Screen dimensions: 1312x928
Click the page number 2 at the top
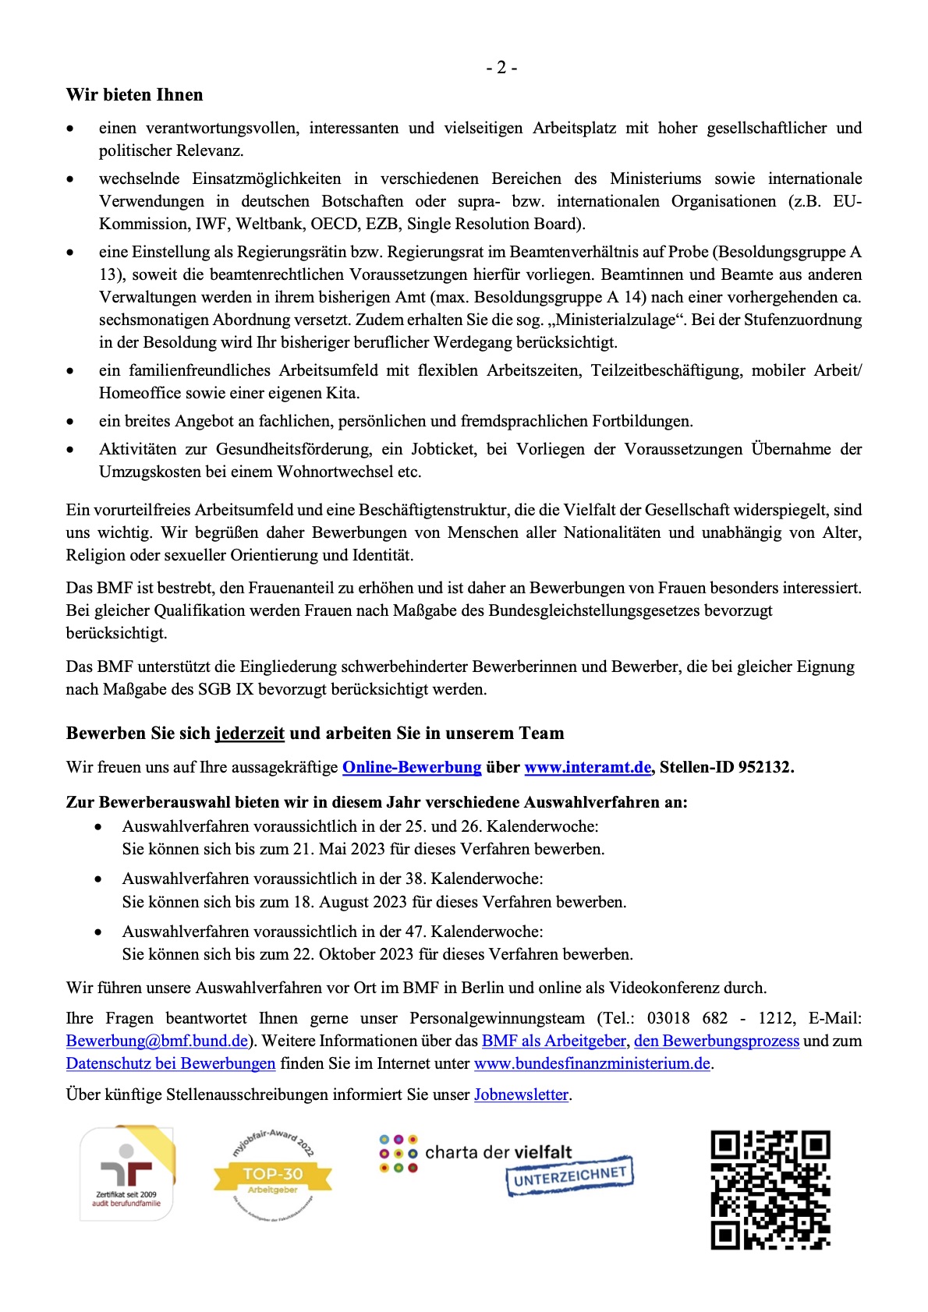(x=501, y=68)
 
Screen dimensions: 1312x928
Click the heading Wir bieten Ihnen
(x=134, y=95)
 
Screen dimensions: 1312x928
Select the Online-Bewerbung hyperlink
(x=412, y=767)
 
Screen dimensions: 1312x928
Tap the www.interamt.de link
(x=587, y=767)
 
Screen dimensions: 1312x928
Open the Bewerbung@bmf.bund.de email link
(x=157, y=1041)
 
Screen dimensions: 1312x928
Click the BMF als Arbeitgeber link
(x=554, y=1041)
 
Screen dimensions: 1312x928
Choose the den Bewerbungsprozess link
(x=717, y=1041)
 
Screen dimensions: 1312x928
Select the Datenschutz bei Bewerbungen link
(x=171, y=1064)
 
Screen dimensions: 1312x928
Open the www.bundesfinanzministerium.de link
(x=592, y=1064)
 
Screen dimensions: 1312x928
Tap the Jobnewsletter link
(x=521, y=1095)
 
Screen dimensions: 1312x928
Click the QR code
(x=770, y=1190)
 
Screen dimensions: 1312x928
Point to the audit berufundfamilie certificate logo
(x=126, y=1173)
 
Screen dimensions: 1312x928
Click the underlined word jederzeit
(x=250, y=734)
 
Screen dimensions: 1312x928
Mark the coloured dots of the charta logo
(x=398, y=1154)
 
